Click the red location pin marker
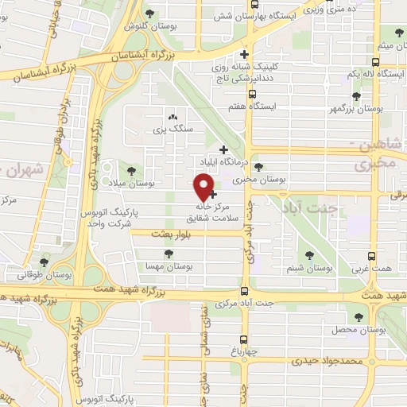point(204,186)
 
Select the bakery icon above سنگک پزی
point(172,115)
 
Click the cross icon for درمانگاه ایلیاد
point(223,149)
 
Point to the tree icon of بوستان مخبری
point(258,167)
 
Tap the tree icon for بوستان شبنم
point(310,255)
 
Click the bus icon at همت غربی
point(372,256)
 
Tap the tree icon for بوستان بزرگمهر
point(356,96)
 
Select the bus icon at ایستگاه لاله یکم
point(375,61)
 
